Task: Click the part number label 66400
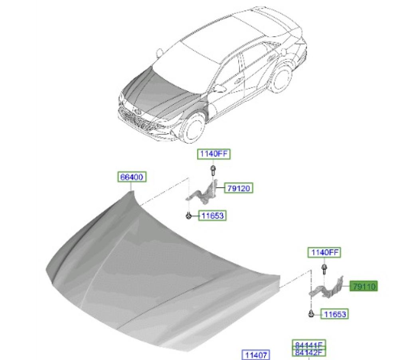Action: [x=132, y=177]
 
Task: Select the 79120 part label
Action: [x=239, y=188]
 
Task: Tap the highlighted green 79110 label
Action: [x=363, y=287]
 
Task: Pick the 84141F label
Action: [x=309, y=344]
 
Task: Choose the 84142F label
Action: [x=309, y=352]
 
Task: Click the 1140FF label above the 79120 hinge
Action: [x=214, y=154]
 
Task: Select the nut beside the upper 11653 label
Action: [x=188, y=216]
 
